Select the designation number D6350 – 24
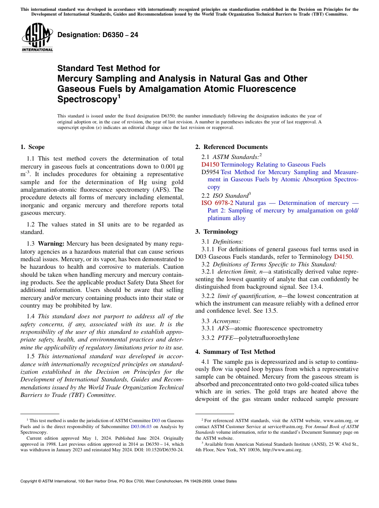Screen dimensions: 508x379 click(x=98, y=35)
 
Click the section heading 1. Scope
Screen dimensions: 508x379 click(x=33, y=147)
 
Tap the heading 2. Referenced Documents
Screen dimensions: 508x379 click(x=231, y=147)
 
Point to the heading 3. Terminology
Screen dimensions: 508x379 click(x=217, y=232)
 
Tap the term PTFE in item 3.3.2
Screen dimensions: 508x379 click(x=225, y=338)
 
